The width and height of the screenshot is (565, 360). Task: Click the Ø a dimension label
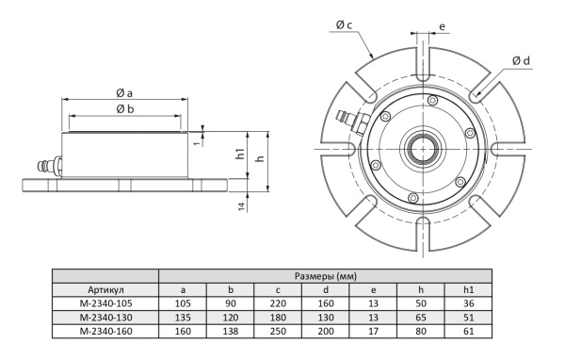[124, 93]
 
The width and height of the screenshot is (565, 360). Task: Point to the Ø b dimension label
[125, 108]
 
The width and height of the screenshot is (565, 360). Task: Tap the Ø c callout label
[344, 25]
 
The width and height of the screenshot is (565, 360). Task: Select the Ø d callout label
[521, 61]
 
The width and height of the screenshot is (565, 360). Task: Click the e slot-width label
[443, 26]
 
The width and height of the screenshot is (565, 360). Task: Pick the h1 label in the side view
[240, 154]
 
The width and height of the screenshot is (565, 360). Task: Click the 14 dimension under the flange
[242, 206]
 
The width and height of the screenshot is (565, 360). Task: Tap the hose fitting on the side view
[50, 166]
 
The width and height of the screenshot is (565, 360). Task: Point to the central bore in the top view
[423, 149]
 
